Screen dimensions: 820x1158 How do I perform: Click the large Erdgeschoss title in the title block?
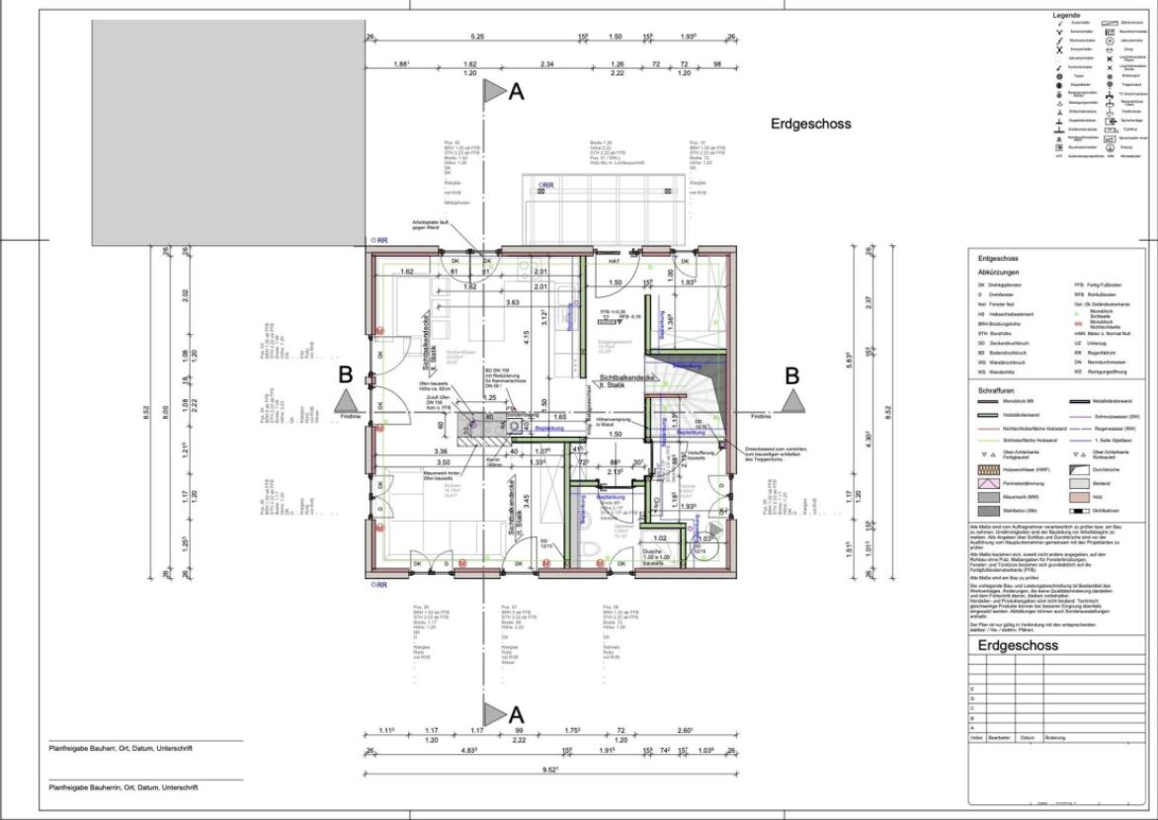pos(1017,646)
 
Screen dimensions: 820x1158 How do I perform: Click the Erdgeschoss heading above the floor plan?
pos(810,123)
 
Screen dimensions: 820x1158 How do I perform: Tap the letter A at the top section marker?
pos(515,92)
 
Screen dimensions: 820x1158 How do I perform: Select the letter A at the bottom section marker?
pos(515,713)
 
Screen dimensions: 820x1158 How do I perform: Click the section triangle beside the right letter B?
pos(792,400)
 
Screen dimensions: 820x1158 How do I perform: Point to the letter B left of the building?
pos(345,375)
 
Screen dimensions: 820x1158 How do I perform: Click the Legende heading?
pos(1066,16)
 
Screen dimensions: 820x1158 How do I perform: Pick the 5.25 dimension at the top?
pos(477,37)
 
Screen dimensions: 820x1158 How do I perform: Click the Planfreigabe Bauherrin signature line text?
pos(124,787)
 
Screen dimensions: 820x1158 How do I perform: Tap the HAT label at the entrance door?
pos(614,262)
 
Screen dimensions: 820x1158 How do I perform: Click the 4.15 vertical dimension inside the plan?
pos(528,334)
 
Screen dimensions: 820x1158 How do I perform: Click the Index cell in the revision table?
pos(976,737)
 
